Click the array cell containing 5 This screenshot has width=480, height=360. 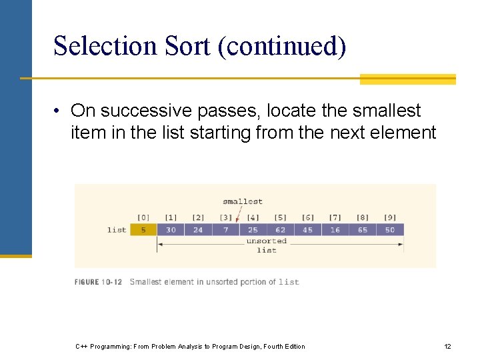[x=143, y=230]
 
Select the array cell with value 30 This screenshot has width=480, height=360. [x=171, y=230]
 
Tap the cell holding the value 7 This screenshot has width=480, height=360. [x=226, y=230]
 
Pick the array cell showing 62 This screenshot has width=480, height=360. [x=280, y=230]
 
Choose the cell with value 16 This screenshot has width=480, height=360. [x=335, y=230]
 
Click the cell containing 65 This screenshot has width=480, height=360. [x=362, y=230]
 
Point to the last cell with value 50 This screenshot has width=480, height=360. [x=390, y=230]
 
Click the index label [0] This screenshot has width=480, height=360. [x=143, y=217]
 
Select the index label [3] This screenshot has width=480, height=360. [x=226, y=217]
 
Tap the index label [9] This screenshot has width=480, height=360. [x=390, y=217]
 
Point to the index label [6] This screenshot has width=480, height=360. [x=307, y=217]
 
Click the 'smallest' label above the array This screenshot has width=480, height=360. [x=243, y=201]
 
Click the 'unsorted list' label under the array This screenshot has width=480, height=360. [x=266, y=245]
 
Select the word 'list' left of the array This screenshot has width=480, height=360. [x=117, y=230]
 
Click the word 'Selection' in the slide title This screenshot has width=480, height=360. [x=103, y=47]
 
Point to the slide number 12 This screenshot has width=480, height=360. [x=447, y=346]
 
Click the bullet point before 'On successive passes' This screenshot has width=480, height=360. [x=59, y=111]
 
